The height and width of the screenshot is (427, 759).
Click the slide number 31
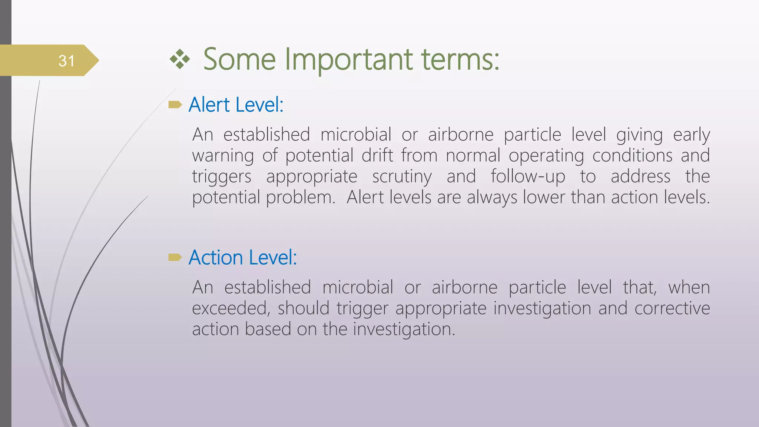(67, 61)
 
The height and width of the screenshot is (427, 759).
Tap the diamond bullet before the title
(180, 59)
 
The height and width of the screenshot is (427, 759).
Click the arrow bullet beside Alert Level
(175, 105)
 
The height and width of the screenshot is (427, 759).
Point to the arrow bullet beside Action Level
(175, 257)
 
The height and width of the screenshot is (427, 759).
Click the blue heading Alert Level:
(236, 105)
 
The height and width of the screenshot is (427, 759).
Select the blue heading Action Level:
(243, 258)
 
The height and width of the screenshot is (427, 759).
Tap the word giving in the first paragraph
(639, 135)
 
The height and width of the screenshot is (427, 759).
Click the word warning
(223, 156)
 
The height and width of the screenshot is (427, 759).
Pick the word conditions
(632, 156)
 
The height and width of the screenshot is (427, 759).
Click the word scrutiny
(402, 177)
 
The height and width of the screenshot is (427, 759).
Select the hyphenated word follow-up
(528, 177)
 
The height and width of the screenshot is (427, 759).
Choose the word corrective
(672, 308)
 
